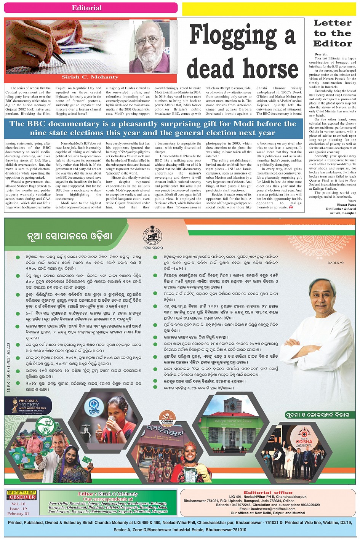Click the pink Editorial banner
point(91,8)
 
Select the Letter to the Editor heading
point(333,33)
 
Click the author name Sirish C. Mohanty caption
point(90,77)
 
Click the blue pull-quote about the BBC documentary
point(153,128)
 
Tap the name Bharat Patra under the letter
point(346,205)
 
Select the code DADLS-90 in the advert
point(335,263)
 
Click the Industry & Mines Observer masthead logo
point(22,495)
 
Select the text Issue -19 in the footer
point(18,509)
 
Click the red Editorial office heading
point(268,493)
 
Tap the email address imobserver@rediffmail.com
point(268,509)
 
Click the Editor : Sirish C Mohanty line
point(108,494)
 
